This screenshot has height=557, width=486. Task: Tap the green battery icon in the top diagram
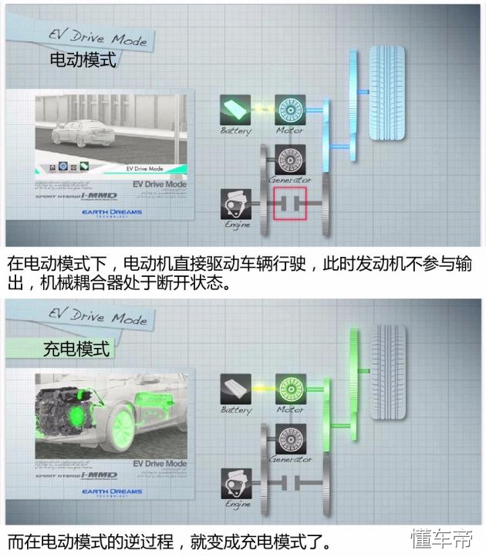[x=234, y=109]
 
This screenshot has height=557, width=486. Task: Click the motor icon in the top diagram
[x=290, y=110]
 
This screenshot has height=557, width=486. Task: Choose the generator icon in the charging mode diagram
[x=290, y=438]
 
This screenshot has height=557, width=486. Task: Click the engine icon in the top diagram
[x=235, y=204]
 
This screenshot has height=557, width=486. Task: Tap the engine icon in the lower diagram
[x=235, y=483]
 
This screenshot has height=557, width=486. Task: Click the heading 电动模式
[x=83, y=59]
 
